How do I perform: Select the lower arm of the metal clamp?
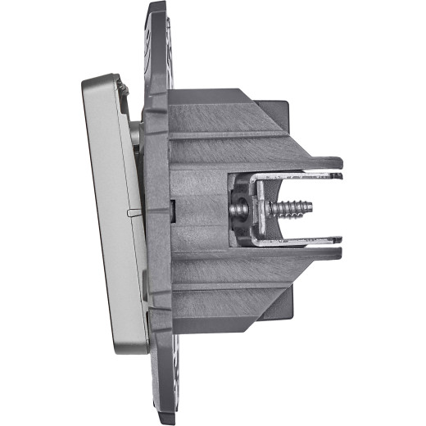(x=303, y=242)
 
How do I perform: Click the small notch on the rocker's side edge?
(x=131, y=211)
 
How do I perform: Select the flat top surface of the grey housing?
(x=213, y=102)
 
